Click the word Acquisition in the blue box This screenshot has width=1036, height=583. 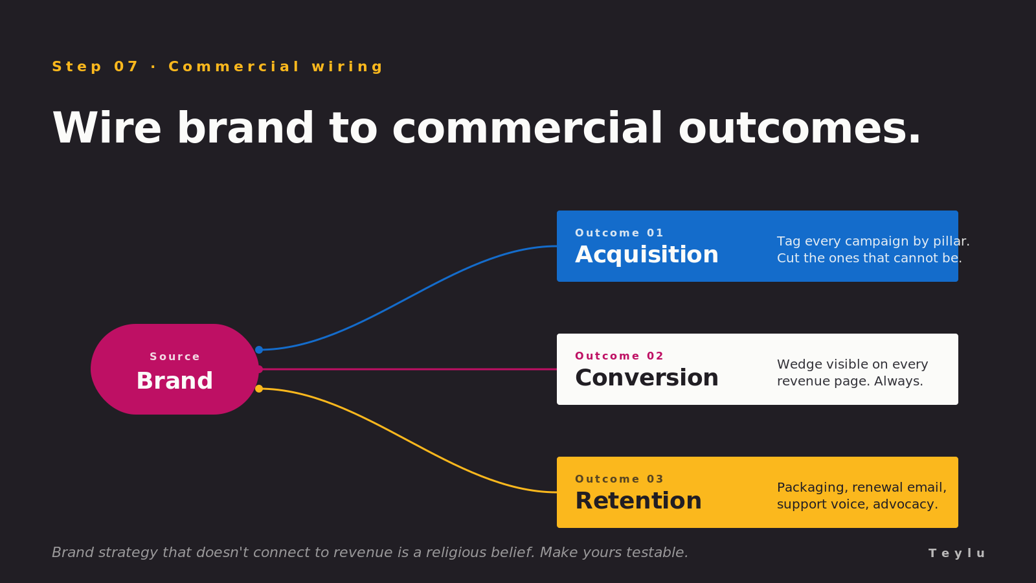(646, 255)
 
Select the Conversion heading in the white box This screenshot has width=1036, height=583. (646, 378)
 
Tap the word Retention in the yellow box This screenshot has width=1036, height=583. (638, 501)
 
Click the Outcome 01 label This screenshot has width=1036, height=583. (619, 233)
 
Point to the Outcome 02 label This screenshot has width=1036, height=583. (619, 356)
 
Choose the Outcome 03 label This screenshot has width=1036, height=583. (619, 479)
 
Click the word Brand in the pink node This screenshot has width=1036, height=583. (174, 381)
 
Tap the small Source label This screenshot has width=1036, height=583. (174, 357)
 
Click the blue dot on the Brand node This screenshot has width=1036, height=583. (259, 350)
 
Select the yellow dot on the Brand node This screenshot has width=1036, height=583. (259, 389)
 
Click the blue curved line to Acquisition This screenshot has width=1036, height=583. (408, 299)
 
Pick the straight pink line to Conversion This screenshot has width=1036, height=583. (408, 369)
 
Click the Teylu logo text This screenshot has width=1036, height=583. (956, 553)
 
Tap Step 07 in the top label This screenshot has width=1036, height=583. (95, 67)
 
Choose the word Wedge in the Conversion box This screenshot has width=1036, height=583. (796, 365)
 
